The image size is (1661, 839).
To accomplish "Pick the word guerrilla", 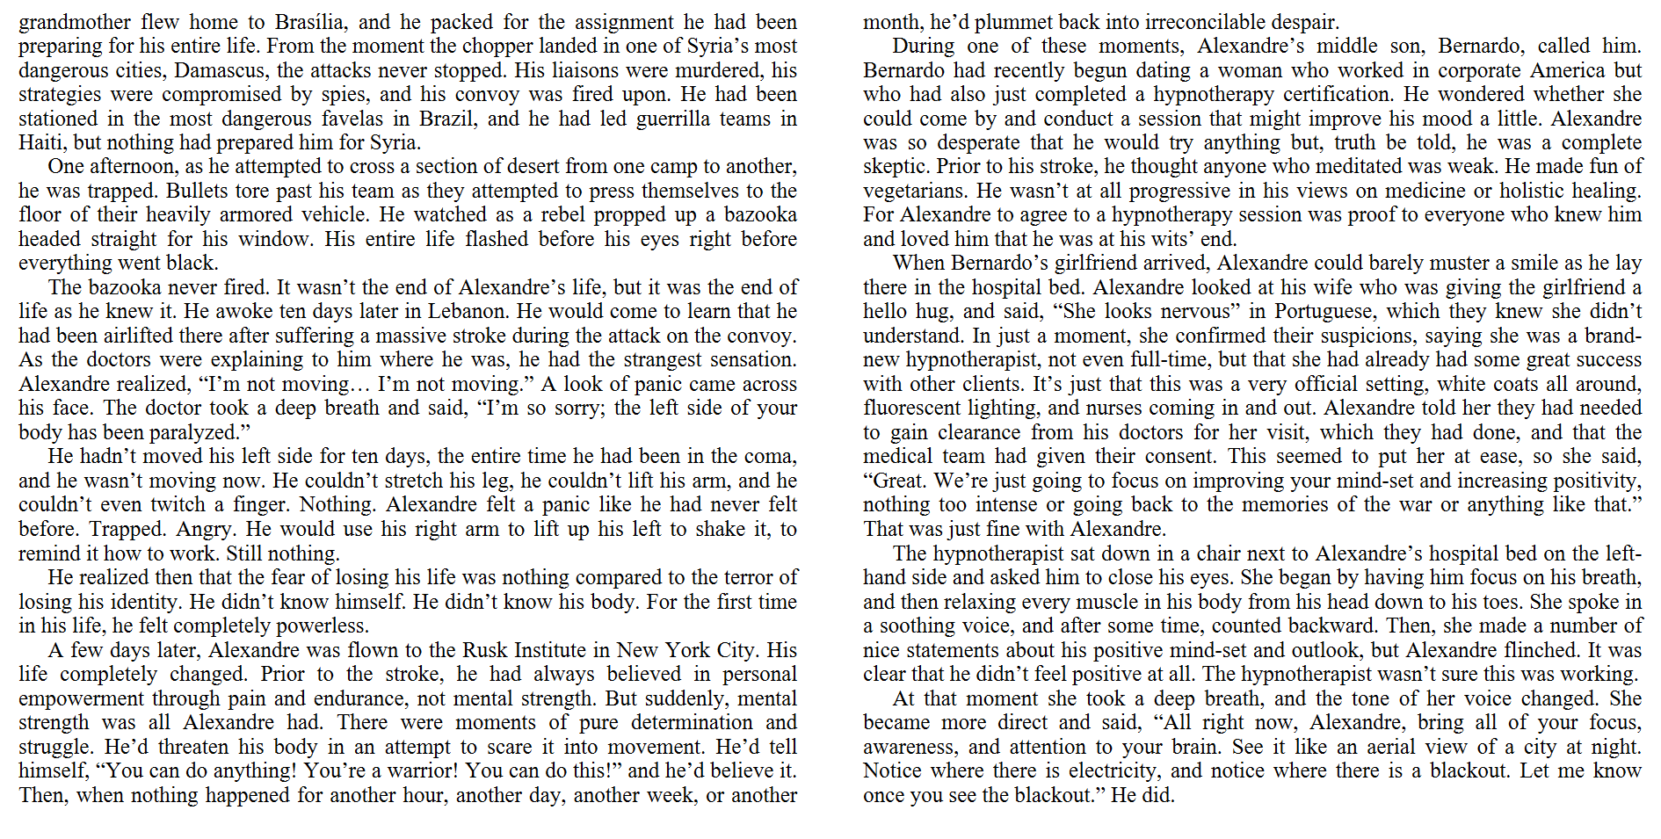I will (676, 119).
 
